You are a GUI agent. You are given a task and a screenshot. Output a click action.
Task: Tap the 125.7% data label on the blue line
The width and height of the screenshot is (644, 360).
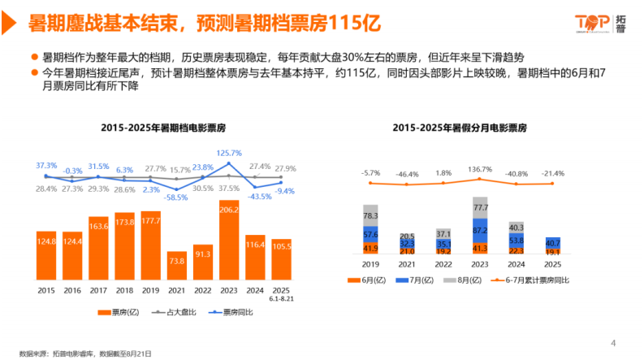point(230,153)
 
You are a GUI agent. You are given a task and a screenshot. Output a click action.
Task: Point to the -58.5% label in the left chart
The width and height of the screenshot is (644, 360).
point(175,197)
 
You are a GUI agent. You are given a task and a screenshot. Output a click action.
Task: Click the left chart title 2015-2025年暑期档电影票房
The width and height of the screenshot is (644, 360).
point(163,128)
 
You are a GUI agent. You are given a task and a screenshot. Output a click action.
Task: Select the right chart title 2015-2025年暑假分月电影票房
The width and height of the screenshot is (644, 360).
point(460,128)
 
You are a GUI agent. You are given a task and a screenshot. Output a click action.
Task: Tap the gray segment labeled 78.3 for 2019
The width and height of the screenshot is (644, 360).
point(371,215)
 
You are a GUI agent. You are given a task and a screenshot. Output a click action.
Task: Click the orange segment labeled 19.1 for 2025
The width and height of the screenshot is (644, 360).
point(552,253)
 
